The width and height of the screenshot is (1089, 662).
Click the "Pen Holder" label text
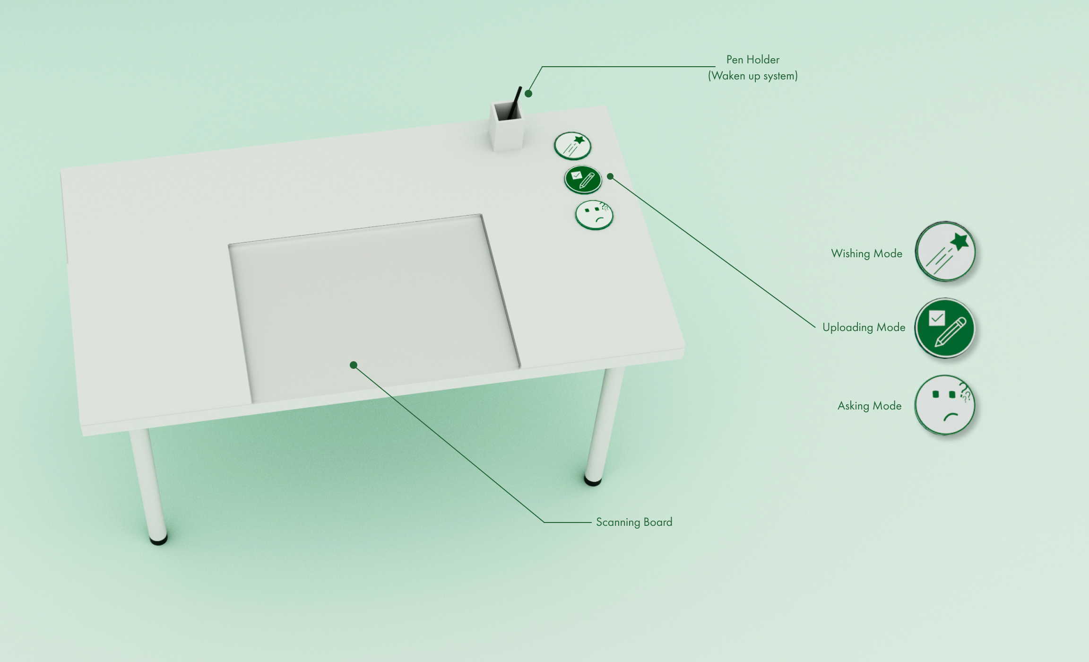point(752,60)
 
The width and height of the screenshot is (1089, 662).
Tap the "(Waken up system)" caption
point(752,76)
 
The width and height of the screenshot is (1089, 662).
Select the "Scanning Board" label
point(634,522)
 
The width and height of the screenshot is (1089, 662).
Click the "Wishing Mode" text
point(866,253)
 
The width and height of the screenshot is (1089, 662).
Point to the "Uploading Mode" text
point(864,327)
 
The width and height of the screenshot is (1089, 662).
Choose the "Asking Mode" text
point(869,406)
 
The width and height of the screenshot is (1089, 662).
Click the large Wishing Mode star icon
point(945,252)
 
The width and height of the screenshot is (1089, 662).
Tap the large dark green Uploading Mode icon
point(945,328)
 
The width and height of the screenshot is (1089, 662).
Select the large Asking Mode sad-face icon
point(945,405)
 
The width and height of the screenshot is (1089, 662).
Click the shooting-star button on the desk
point(572,146)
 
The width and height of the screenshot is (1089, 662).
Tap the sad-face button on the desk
point(594,215)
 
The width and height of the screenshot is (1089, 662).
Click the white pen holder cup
point(507,126)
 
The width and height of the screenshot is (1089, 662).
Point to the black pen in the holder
point(515,103)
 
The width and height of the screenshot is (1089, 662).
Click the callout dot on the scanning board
point(354,365)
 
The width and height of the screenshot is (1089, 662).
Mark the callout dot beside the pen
point(528,94)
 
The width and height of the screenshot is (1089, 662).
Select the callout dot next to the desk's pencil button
point(610,176)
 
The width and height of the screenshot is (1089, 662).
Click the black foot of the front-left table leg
point(158,540)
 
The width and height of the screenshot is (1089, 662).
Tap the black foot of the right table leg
point(593,481)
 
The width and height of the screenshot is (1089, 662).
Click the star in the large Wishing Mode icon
point(959,242)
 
